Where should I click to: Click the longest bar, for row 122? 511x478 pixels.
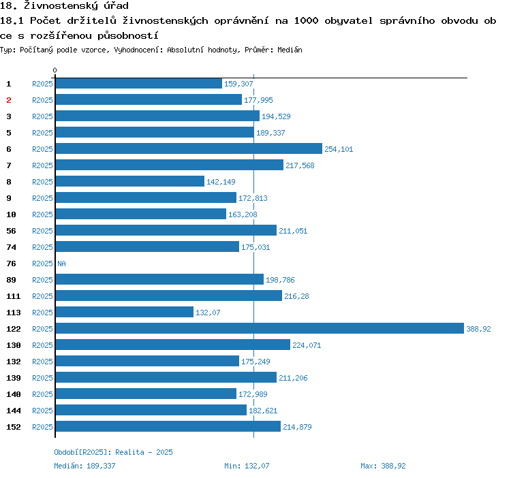click(259, 328)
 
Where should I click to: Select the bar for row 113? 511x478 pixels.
click(124, 312)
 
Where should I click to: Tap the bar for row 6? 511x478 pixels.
click(188, 148)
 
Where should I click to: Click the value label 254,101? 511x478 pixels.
click(339, 149)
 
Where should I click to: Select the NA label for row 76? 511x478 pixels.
click(61, 264)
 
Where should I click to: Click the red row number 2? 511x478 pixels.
click(9, 100)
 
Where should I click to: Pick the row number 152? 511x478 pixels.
click(14, 427)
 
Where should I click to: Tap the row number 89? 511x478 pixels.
click(12, 280)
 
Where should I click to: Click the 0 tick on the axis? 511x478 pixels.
click(55, 70)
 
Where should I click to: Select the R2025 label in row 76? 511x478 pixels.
click(42, 264)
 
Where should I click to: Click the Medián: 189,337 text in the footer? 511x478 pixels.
click(84, 466)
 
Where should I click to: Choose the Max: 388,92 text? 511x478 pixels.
click(383, 466)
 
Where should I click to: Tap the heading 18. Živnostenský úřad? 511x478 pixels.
click(64, 6)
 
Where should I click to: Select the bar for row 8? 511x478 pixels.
click(129, 181)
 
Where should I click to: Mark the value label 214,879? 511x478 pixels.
click(297, 427)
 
